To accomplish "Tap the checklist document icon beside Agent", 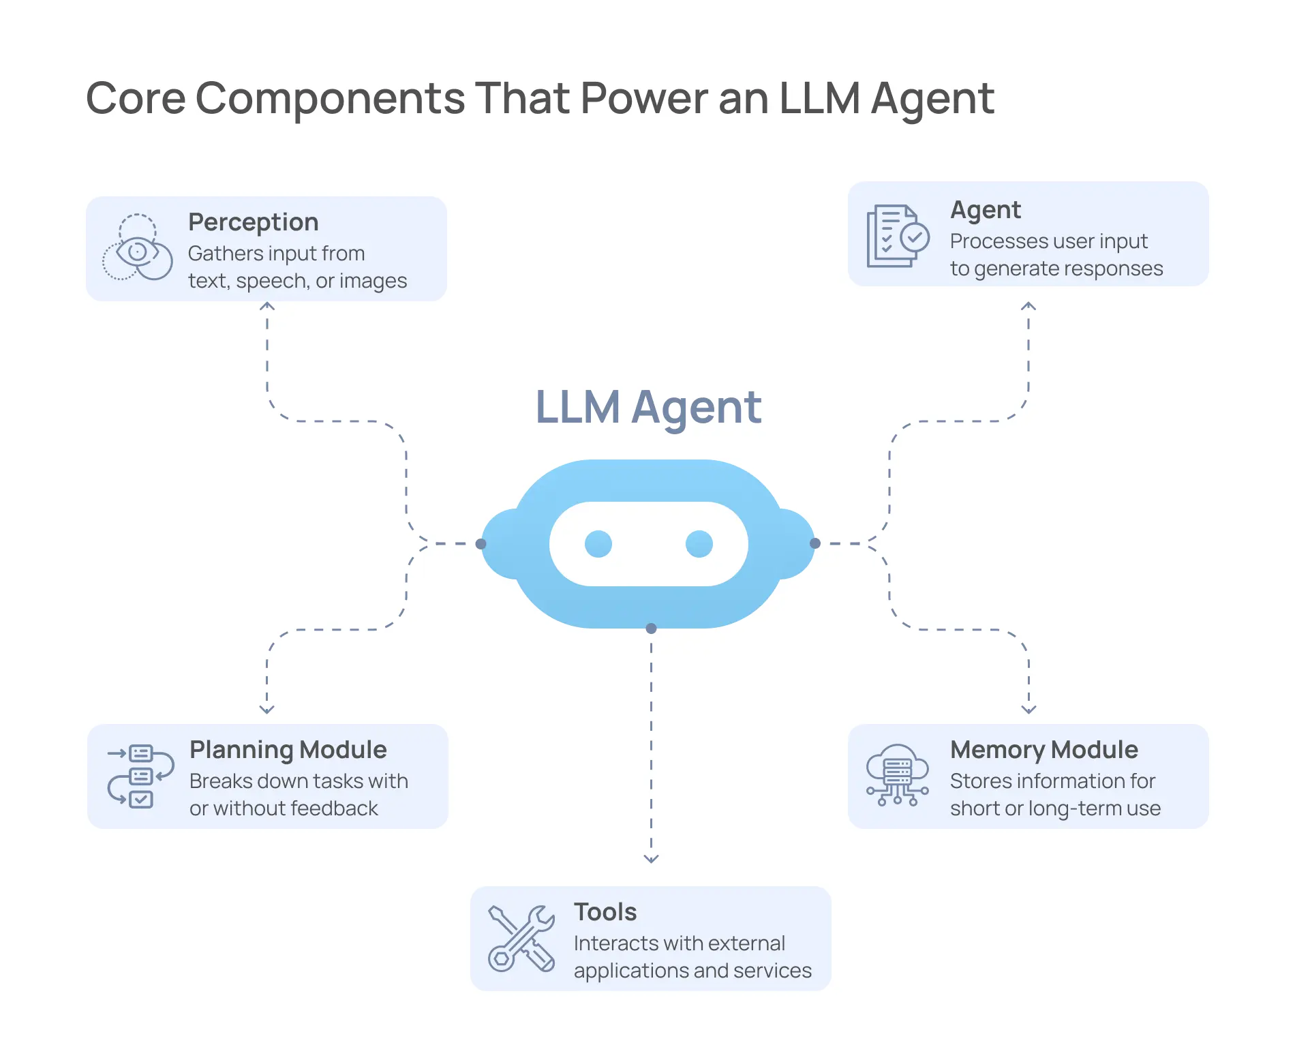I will pyautogui.click(x=897, y=237).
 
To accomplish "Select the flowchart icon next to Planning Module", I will pyautogui.click(x=140, y=776).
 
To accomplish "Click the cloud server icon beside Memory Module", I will pyautogui.click(x=897, y=774).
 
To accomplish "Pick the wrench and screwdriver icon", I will pyautogui.click(x=521, y=938).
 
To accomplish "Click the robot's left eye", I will pyautogui.click(x=598, y=543).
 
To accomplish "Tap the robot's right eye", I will pyautogui.click(x=699, y=543).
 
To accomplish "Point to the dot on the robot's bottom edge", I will pyautogui.click(x=651, y=628).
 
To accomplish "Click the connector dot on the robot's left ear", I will pyautogui.click(x=481, y=543).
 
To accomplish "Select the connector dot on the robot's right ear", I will pyautogui.click(x=815, y=543).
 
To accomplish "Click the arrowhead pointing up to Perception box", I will pyautogui.click(x=267, y=306).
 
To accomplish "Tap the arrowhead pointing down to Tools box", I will pyautogui.click(x=651, y=859).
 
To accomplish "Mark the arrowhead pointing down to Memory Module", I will pyautogui.click(x=1029, y=709).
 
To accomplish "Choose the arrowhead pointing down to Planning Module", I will pyautogui.click(x=267, y=709).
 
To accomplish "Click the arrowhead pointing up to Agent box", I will pyautogui.click(x=1029, y=306).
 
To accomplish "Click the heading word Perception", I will pyautogui.click(x=253, y=222).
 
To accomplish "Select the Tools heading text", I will pyautogui.click(x=605, y=912).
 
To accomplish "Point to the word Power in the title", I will pyautogui.click(x=644, y=98).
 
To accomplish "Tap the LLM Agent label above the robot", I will pyautogui.click(x=648, y=408).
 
